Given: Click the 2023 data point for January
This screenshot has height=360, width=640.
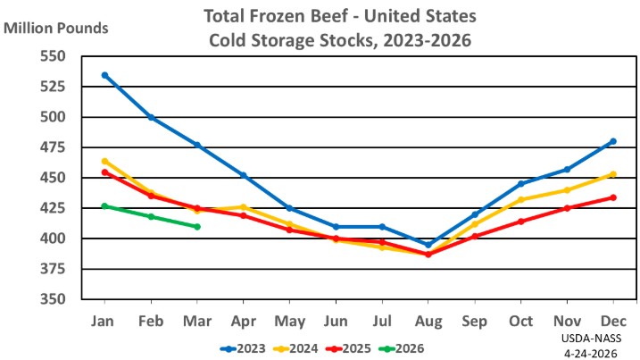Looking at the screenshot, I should (x=105, y=75).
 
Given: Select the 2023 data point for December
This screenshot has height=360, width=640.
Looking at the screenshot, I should (x=613, y=141).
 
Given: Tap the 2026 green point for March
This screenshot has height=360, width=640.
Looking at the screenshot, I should (x=197, y=227).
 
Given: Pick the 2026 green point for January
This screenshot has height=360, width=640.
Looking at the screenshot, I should (x=105, y=206).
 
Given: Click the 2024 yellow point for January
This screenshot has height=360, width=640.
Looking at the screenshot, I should (x=105, y=162).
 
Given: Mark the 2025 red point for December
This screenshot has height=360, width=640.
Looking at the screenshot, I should (x=613, y=197).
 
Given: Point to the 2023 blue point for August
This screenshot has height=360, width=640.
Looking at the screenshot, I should (x=428, y=245).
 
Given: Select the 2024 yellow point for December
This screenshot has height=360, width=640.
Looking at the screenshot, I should (x=613, y=174).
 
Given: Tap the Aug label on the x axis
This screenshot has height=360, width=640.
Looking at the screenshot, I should (x=428, y=320).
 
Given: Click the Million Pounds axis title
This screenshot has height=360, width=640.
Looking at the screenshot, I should (x=56, y=27).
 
